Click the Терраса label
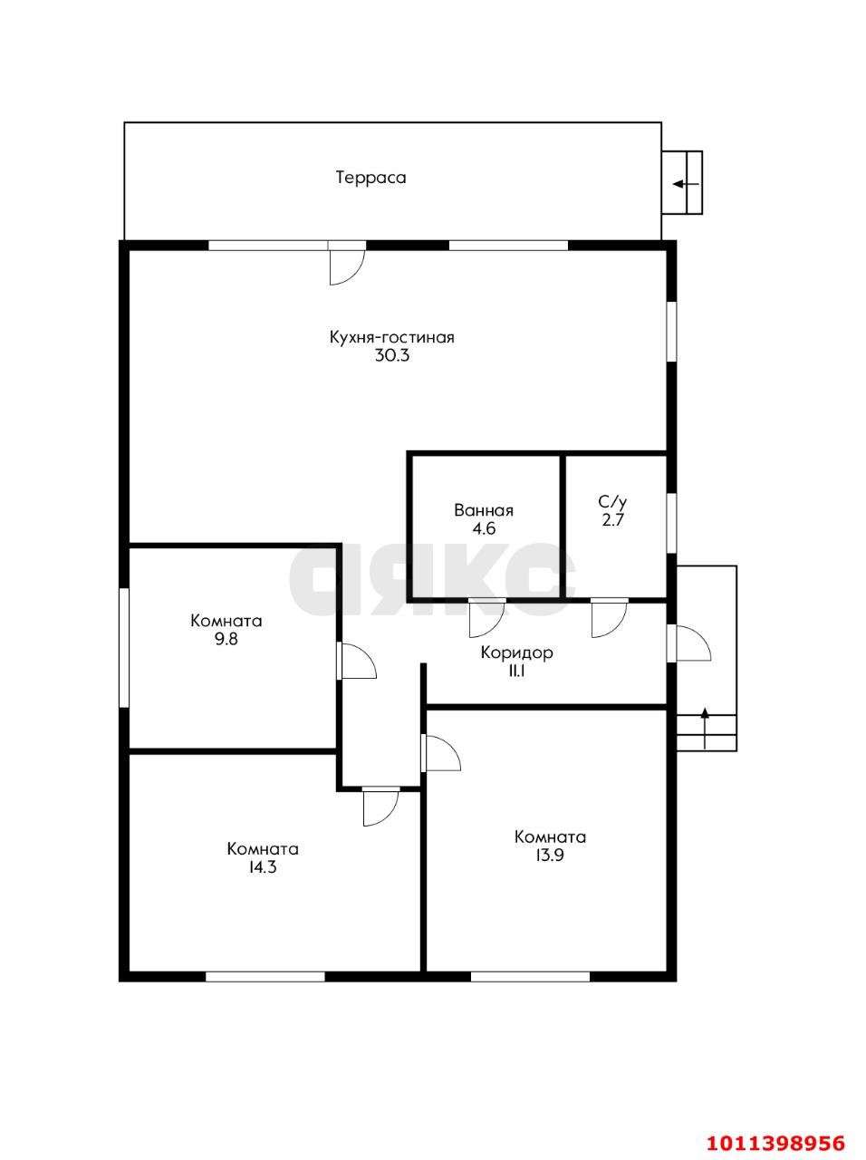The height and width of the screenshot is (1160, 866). click(371, 178)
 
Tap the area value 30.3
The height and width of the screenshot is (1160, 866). click(392, 355)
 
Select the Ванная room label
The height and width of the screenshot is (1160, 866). click(484, 510)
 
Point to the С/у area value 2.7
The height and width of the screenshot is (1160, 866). click(612, 519)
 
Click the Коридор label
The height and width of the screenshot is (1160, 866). click(517, 652)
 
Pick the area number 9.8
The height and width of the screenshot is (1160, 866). click(226, 639)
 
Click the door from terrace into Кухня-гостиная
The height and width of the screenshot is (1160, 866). click(346, 263)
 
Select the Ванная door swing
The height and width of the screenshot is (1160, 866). click(486, 618)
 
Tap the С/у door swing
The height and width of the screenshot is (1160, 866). click(609, 618)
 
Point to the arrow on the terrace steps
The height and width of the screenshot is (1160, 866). click(686, 184)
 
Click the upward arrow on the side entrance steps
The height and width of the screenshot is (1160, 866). click(705, 728)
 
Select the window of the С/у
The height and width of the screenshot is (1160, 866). click(671, 523)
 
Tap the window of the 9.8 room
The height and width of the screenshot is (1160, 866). click(124, 647)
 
